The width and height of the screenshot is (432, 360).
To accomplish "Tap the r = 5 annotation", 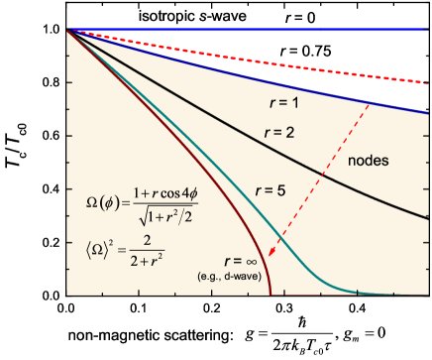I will [x=271, y=186].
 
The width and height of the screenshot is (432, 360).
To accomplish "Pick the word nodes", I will [x=369, y=160].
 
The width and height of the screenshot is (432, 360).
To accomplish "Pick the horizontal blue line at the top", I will [x=248, y=30].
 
